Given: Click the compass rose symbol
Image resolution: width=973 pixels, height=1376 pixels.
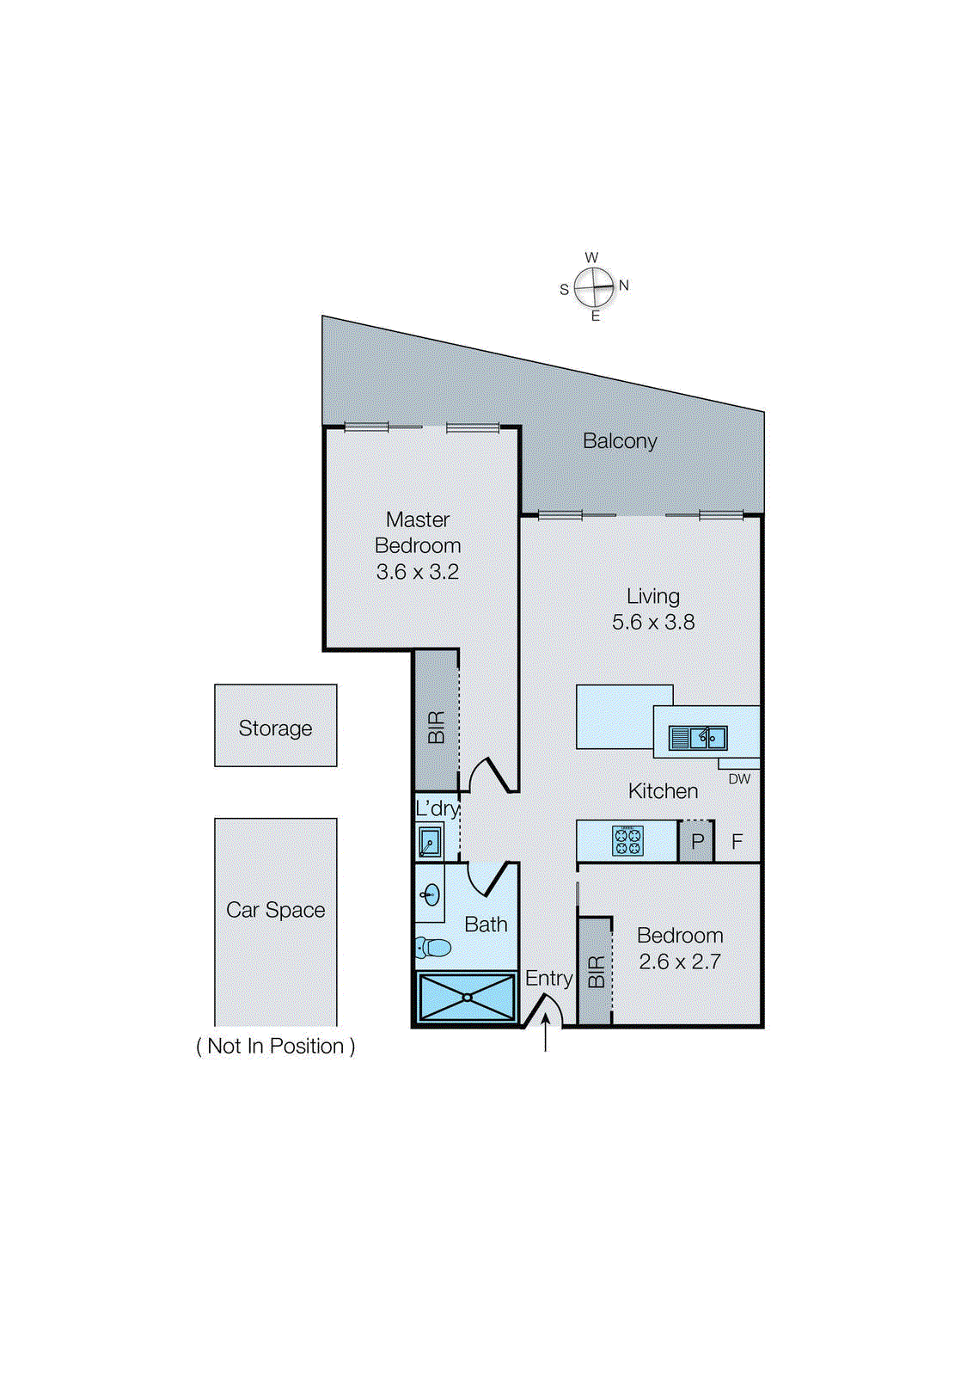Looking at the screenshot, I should pos(594,287).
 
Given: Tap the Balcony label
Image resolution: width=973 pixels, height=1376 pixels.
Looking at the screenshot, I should pos(619,441).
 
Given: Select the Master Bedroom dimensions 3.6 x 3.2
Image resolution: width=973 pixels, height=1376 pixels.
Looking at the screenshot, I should pos(418,572).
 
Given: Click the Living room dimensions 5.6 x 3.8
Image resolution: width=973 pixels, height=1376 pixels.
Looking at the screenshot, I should pos(653,622).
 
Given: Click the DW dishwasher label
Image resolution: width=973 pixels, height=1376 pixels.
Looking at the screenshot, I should pos(739,779).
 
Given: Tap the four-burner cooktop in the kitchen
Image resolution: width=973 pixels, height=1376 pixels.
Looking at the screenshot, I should pos(627,841).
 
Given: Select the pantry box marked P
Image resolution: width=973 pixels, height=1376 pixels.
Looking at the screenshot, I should pos(697,842).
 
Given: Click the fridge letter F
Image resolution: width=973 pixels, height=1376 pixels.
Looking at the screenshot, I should pos(737,842).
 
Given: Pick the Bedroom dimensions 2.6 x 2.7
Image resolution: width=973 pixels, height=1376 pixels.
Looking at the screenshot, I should pos(679,961).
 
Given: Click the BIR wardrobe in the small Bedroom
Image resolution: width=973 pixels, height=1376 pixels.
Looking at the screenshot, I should pos(595,972).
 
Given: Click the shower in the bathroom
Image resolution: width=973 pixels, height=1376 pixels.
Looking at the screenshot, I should pos(466,998).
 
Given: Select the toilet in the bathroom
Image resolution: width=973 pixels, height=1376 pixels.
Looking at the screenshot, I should pos(434,948).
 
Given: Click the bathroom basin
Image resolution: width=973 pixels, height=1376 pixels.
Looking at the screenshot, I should pos(431,895).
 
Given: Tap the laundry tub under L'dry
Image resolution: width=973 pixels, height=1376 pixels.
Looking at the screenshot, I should pos(430,841).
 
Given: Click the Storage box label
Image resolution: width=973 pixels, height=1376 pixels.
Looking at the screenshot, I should pos(275,728).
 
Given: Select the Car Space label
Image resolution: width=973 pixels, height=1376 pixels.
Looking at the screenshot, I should pos(275,910).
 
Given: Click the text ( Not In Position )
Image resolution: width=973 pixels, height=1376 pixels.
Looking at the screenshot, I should pos(275,1047).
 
